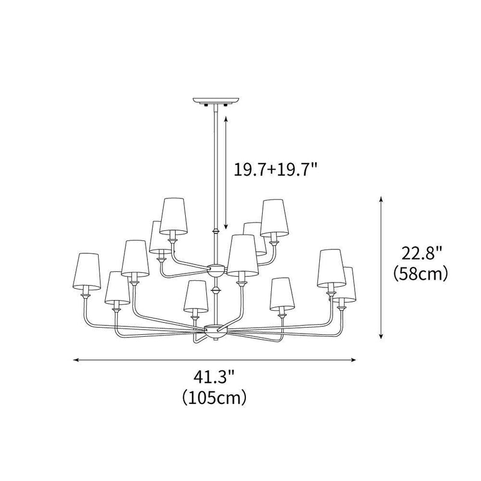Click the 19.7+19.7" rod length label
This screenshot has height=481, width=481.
[x=275, y=170]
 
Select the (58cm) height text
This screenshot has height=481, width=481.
[x=420, y=274]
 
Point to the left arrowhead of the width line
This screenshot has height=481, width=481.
[x=75, y=360]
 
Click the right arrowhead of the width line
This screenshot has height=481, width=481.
[x=356, y=360]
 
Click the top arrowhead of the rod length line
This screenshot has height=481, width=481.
[x=225, y=119]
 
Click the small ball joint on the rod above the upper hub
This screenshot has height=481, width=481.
[x=215, y=231]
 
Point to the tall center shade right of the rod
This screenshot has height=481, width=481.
[x=242, y=253]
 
